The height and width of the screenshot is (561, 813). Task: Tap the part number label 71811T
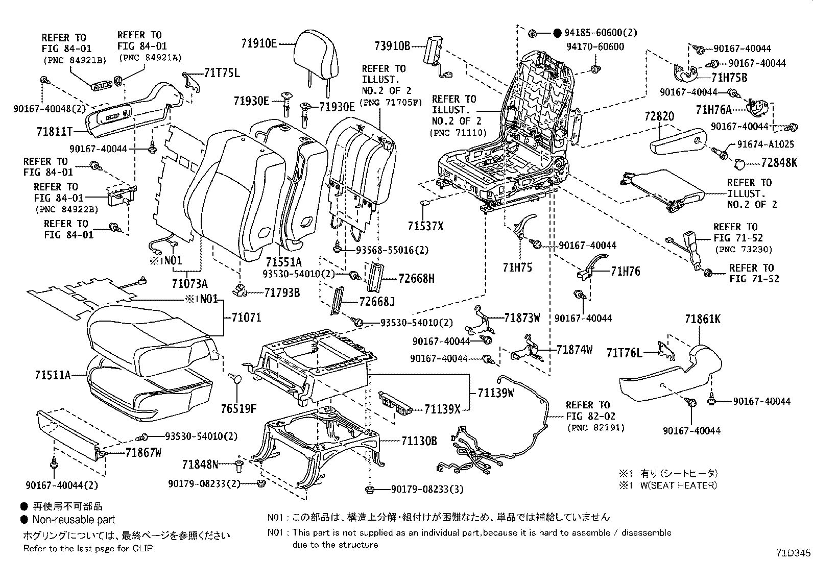point(55,132)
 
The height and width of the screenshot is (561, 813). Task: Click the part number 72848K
point(779,163)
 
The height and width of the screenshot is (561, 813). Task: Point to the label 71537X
point(426,225)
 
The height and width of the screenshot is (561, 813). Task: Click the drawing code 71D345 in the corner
point(793,553)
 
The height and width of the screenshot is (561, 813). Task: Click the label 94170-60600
point(595,46)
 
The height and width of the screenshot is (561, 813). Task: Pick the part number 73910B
point(392,46)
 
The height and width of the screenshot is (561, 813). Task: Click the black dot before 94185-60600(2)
point(558,33)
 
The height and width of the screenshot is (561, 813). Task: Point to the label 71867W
point(144,452)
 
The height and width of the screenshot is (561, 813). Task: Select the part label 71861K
point(703,320)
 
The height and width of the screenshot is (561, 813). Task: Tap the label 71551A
point(283,261)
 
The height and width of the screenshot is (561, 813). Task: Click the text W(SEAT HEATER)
point(678,485)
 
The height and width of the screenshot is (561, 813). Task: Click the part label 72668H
point(417,278)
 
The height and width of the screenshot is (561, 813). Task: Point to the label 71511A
point(53,375)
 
